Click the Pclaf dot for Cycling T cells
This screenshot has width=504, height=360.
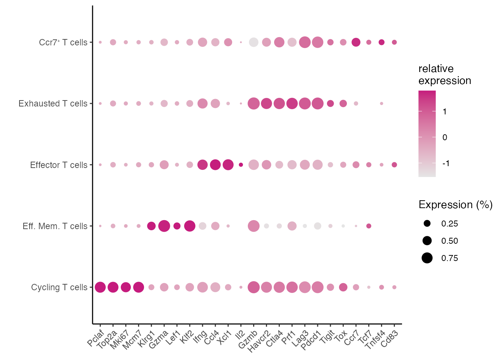coord(100,287)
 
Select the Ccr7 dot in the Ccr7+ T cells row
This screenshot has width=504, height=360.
coord(356,42)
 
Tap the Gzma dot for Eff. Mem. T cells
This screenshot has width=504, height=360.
coord(164,226)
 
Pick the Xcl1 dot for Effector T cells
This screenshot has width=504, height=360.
coord(228,165)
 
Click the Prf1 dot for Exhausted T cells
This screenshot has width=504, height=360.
coord(292,103)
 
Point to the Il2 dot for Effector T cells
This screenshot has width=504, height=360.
coord(241,165)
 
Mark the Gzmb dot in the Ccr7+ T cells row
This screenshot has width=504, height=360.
coord(253,42)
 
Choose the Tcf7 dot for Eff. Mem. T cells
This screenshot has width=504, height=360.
coord(369,226)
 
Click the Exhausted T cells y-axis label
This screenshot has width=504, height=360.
coord(53,103)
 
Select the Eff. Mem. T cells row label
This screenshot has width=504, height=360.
coord(55,226)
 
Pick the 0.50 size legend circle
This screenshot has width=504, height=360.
coord(427,241)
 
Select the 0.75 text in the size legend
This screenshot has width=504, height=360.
coord(450,258)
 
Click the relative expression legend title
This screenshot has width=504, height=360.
coord(444,74)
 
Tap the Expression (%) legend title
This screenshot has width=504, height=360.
coord(455,205)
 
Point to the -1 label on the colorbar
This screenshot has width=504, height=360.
coord(445,163)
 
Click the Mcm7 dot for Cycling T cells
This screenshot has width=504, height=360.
coord(138,287)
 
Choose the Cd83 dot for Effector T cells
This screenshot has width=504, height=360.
coord(394,165)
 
